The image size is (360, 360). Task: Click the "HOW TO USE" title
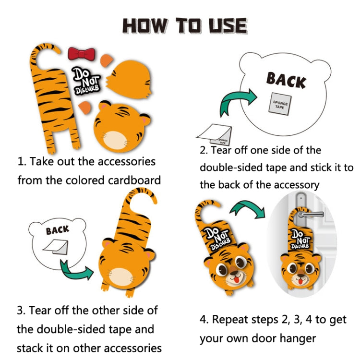coord(185,25)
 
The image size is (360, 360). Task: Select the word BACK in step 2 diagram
coord(286,80)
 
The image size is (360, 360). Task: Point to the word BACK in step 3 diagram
coord(57,230)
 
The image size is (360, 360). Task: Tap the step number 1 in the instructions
coord(21,161)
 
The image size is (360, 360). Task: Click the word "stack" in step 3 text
coord(32,348)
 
